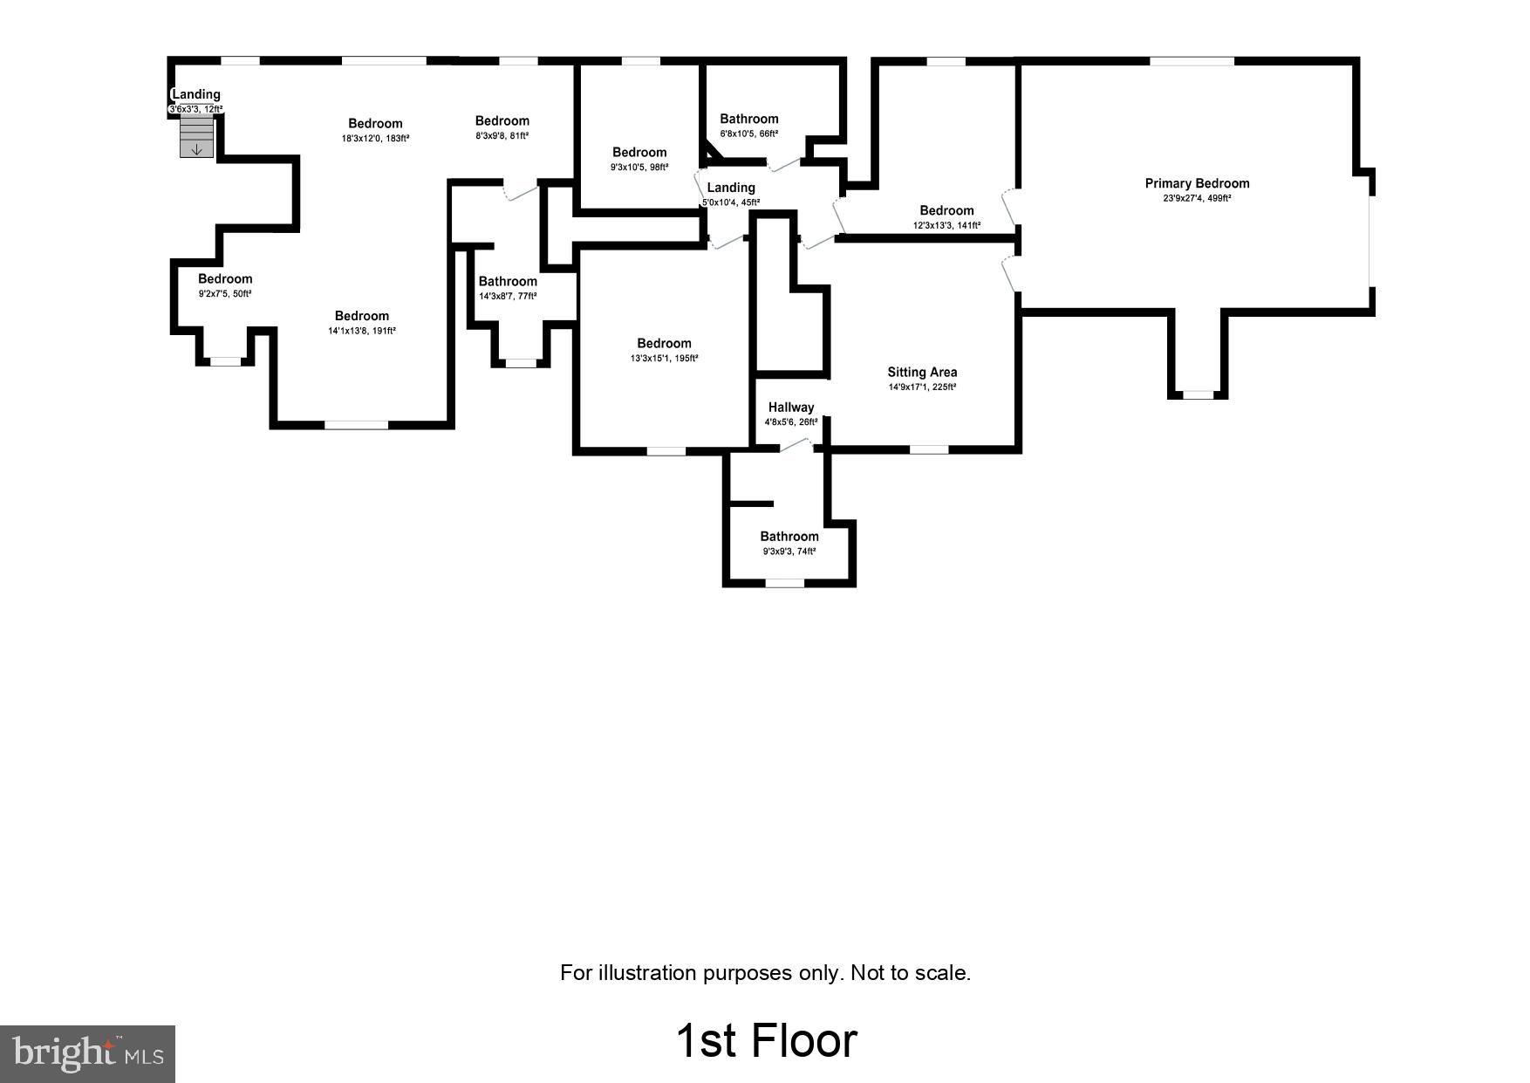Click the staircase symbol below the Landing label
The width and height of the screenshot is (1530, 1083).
196,137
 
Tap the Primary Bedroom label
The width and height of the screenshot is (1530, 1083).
1197,183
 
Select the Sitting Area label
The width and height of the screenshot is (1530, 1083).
922,372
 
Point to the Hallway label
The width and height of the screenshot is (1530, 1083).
790,408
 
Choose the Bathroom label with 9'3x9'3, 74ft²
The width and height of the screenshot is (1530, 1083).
789,537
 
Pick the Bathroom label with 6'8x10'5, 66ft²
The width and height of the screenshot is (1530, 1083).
748,119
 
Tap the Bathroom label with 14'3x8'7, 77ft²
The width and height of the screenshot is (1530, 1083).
507,281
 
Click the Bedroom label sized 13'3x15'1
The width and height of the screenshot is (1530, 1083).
664,343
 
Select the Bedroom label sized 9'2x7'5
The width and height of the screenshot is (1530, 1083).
224,278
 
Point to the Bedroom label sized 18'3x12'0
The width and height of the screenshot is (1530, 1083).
375,123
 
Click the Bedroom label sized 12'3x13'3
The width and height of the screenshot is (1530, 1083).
946,210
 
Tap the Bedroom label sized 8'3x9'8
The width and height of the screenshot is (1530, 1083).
502,120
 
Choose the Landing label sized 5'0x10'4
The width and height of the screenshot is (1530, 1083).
731,188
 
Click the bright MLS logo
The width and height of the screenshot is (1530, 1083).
87,1053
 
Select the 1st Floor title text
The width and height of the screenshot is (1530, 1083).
766,1040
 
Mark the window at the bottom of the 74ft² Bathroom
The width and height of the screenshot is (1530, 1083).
784,582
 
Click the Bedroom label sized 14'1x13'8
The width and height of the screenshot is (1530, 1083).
361,316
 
